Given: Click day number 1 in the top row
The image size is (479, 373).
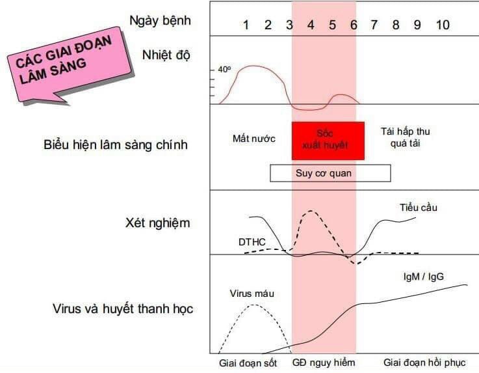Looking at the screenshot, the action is click(246, 25).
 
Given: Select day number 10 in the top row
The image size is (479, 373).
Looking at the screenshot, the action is click(443, 25).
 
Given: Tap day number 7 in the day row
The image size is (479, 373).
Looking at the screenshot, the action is click(374, 25).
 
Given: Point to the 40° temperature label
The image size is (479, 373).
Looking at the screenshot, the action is click(224, 70).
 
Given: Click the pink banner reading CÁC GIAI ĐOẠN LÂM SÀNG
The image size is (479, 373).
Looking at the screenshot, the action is click(70, 64).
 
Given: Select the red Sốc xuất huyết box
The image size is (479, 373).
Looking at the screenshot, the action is click(328, 141).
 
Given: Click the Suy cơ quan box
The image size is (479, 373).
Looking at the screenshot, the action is click(330, 173).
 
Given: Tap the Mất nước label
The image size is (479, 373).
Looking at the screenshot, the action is click(254, 139).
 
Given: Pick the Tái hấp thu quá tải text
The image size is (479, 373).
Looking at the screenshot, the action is click(406, 137).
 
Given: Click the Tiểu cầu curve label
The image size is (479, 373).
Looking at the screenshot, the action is click(419, 208).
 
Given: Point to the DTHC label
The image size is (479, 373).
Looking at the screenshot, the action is click(252, 242).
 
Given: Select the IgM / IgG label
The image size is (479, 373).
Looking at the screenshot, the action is click(423, 277).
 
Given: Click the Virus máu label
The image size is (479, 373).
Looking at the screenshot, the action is click(252, 294).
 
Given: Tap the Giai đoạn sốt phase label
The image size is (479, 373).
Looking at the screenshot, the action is click(248, 363).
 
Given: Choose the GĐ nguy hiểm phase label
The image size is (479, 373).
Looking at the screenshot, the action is click(324, 363).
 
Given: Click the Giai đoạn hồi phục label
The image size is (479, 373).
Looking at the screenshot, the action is click(424, 363).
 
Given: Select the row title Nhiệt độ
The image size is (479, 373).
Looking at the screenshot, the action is click(166, 55).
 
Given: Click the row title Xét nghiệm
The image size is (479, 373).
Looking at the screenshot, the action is click(158, 223).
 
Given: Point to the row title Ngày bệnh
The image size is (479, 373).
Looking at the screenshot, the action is click(161, 21).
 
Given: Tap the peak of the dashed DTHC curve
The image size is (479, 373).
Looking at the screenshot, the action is click(311, 211).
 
